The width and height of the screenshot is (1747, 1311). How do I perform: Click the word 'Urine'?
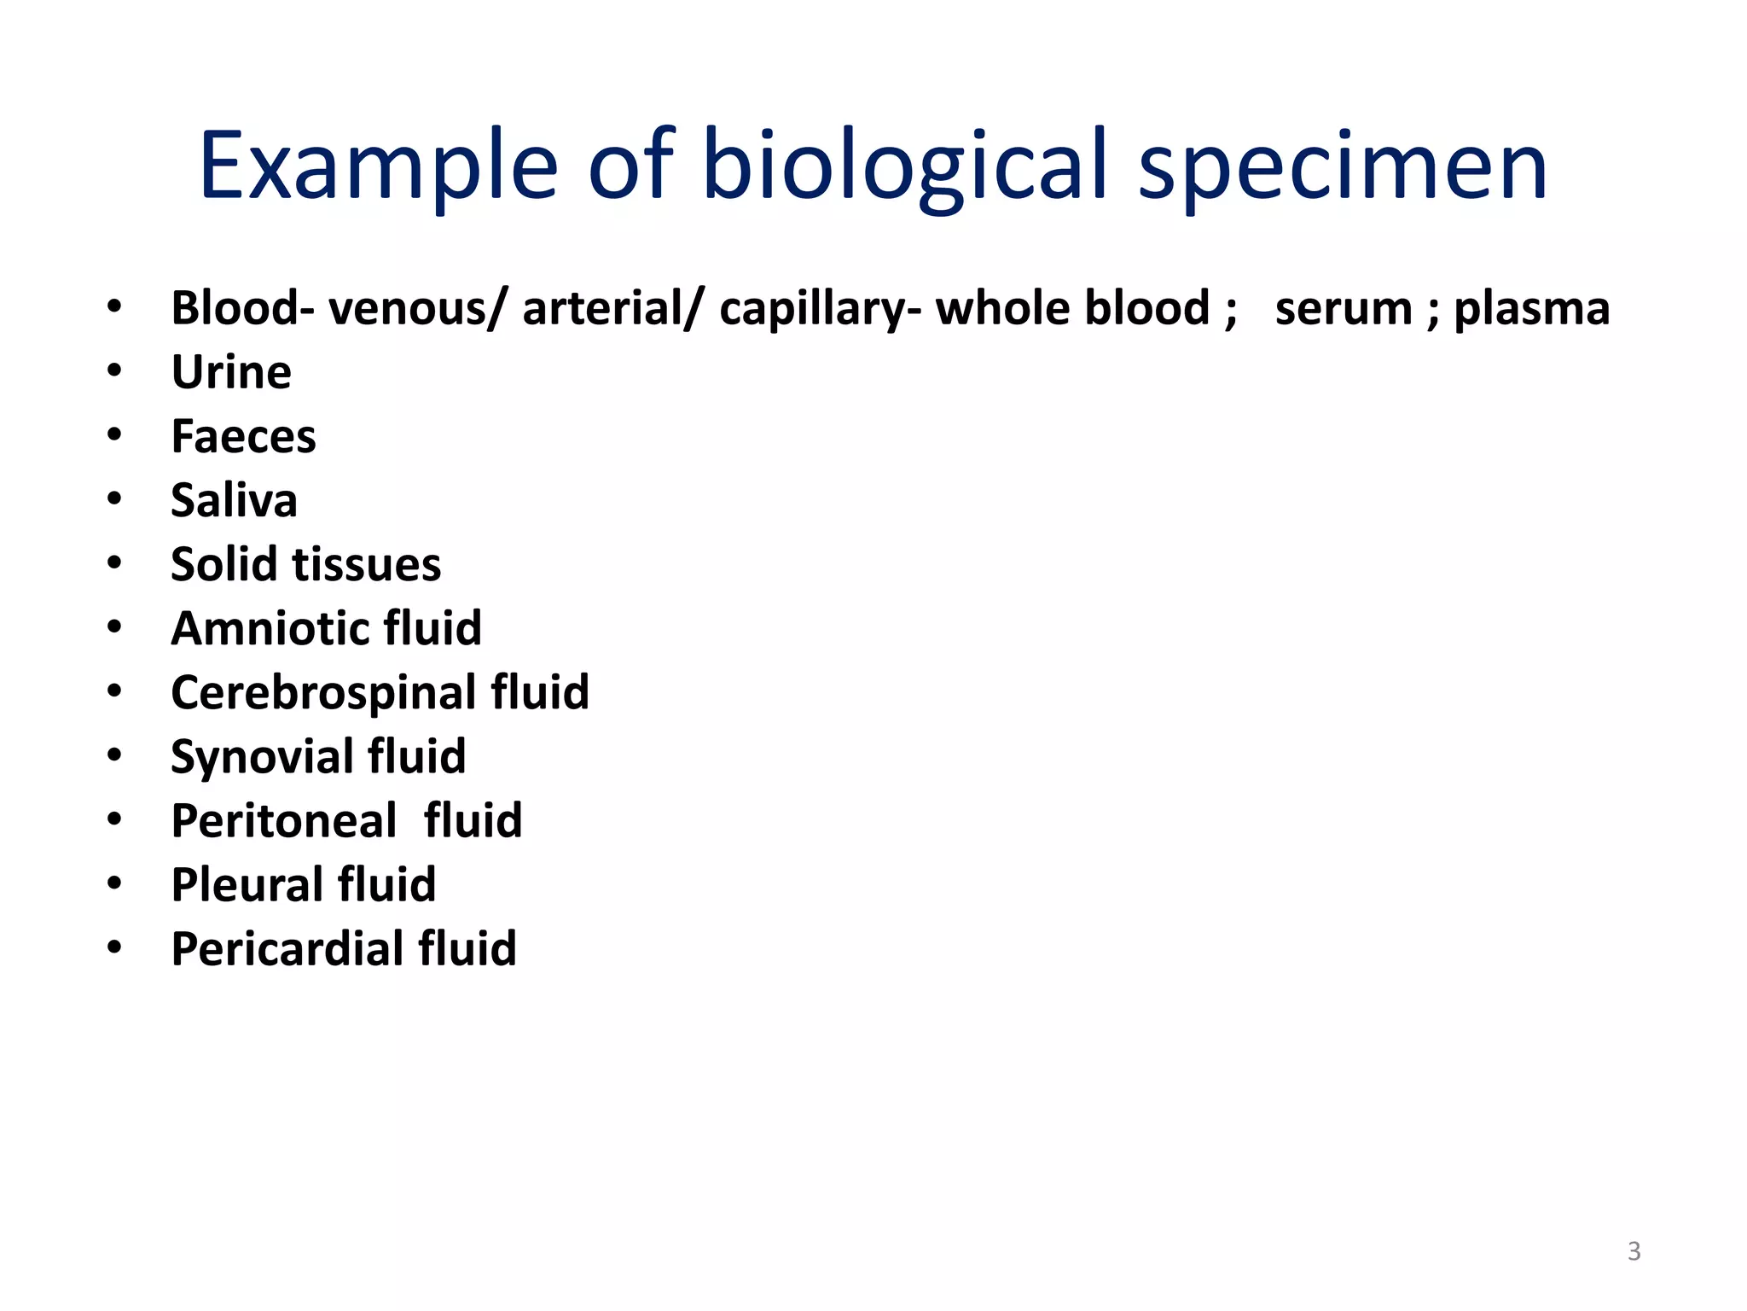pyautogui.click(x=231, y=372)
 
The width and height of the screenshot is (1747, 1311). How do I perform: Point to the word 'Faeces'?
pyautogui.click(x=243, y=436)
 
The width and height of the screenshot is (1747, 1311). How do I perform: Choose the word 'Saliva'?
pyautogui.click(x=234, y=500)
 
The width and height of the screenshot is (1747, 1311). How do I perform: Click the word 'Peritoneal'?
pyautogui.click(x=284, y=820)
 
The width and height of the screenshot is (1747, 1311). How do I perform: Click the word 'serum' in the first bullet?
pyautogui.click(x=1344, y=308)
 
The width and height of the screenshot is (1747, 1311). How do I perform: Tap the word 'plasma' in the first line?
pyautogui.click(x=1531, y=308)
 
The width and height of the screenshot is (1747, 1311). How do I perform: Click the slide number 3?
pyautogui.click(x=1634, y=1251)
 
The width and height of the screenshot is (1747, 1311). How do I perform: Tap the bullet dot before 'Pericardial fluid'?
pyautogui.click(x=114, y=947)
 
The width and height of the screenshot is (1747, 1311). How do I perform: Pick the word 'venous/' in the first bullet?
pyautogui.click(x=418, y=308)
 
